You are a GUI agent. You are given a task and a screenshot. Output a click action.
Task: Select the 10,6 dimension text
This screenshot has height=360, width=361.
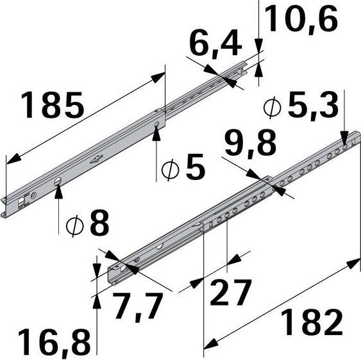pyautogui.click(x=300, y=20)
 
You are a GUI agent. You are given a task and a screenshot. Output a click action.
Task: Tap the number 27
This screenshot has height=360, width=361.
pyautogui.click(x=230, y=294)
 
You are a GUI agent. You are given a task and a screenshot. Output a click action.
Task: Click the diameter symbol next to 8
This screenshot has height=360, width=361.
pyautogui.click(x=76, y=225)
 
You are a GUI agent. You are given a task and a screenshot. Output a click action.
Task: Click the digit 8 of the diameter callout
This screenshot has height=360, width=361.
pyautogui.click(x=99, y=224)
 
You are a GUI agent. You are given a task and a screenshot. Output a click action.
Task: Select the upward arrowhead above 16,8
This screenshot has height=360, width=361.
pyautogui.click(x=97, y=301)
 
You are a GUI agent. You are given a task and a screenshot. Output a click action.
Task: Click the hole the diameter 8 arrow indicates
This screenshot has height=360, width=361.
pyautogui.click(x=58, y=181)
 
